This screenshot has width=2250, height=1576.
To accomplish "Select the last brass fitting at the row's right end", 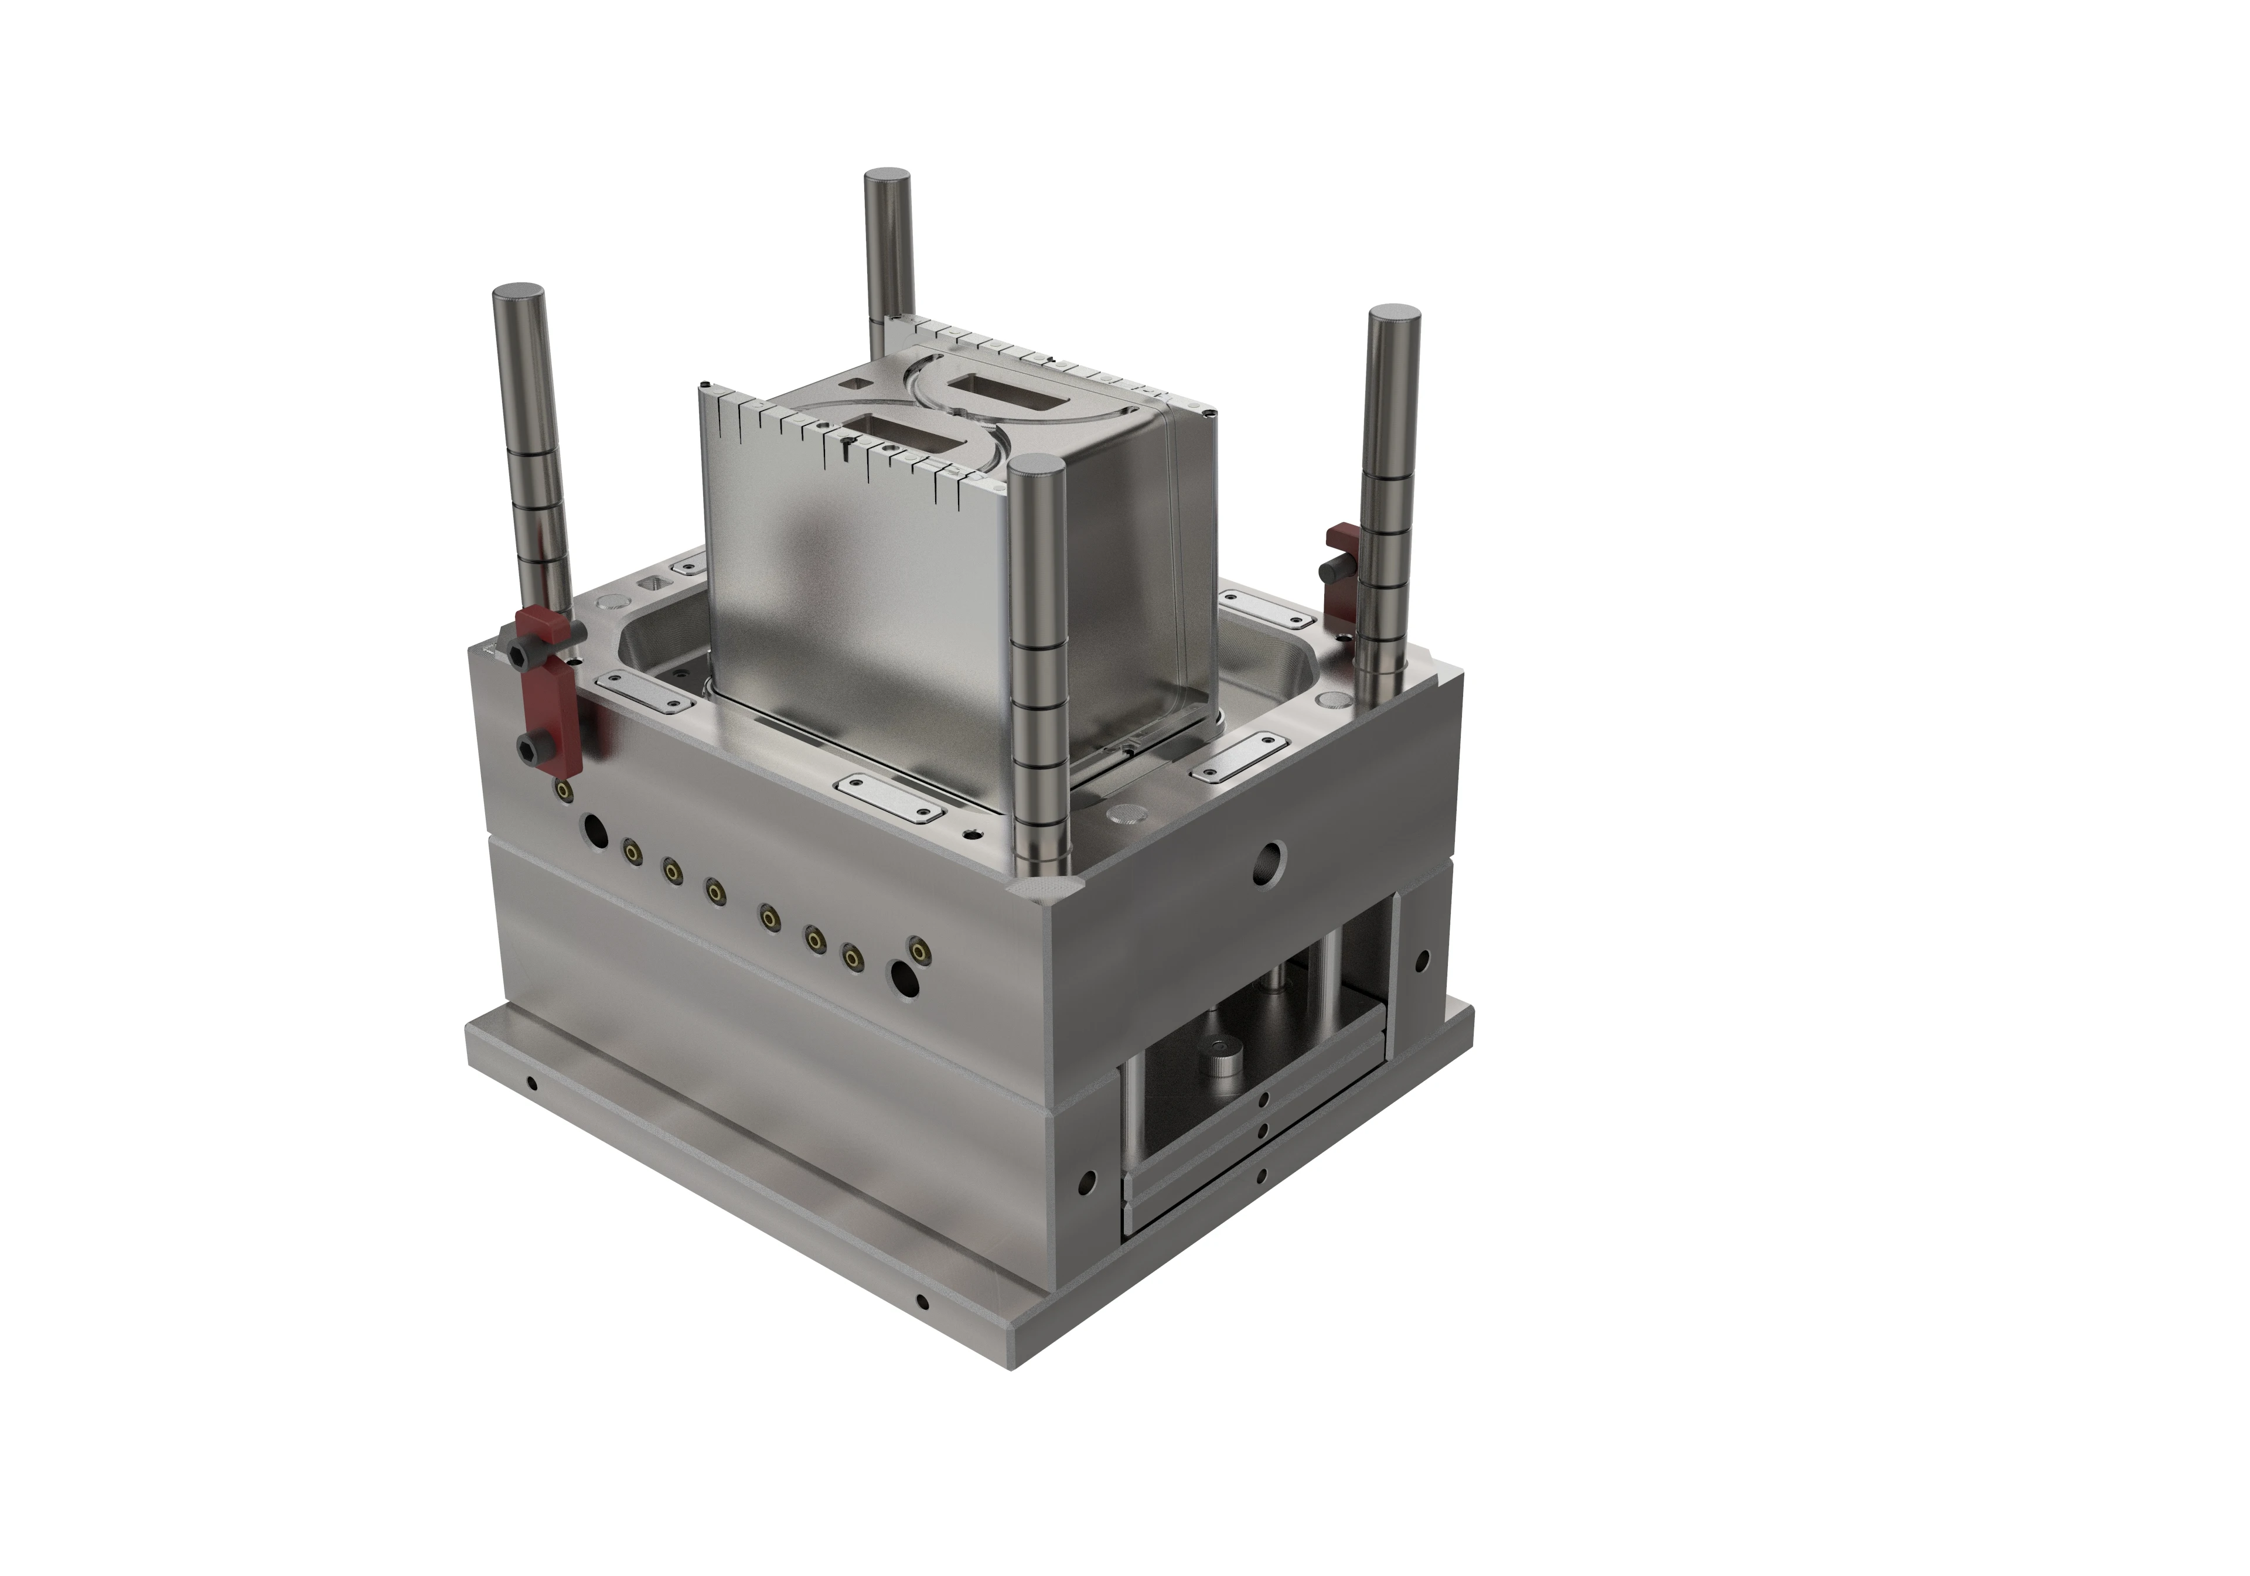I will tap(918, 948).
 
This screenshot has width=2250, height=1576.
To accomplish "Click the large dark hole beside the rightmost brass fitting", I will tap(902, 975).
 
